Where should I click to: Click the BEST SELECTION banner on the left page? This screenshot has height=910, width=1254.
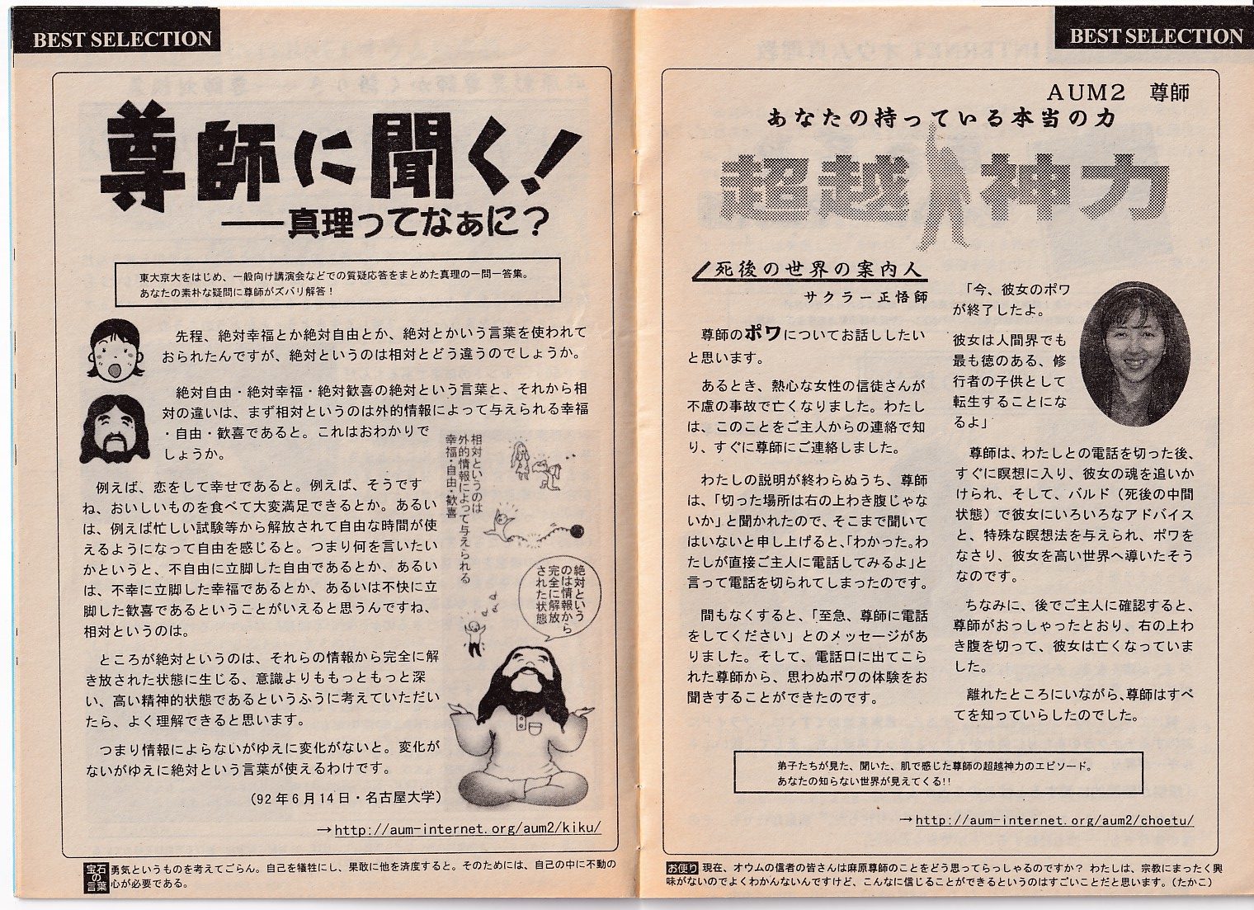tap(122, 39)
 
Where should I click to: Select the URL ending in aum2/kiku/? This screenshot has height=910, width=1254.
tap(467, 828)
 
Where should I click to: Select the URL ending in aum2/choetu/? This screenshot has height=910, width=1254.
tap(1054, 820)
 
